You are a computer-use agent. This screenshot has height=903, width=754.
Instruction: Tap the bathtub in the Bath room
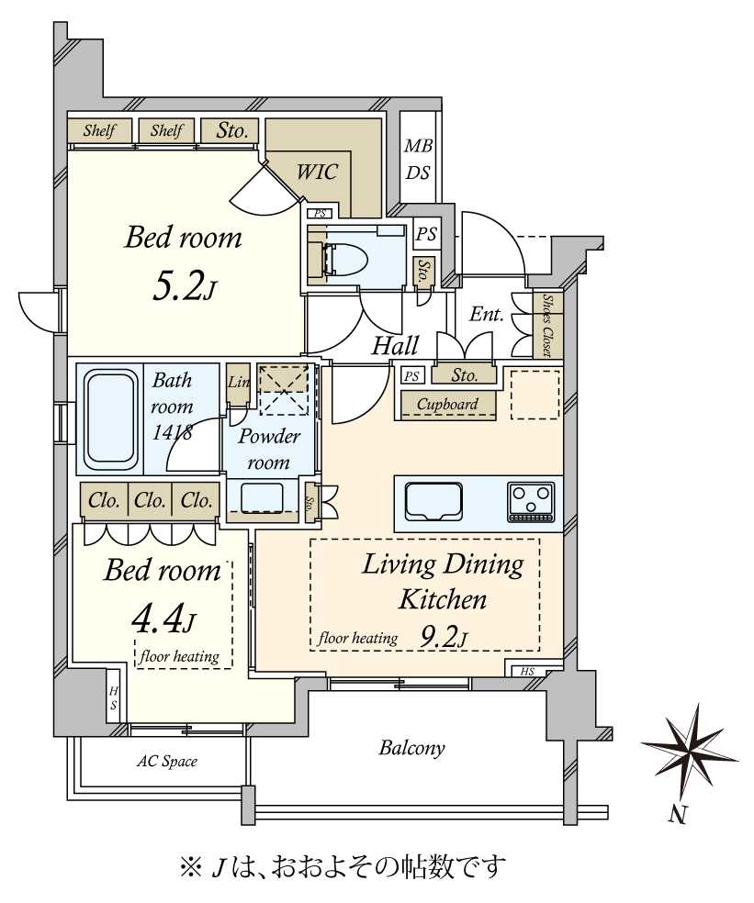coord(111,420)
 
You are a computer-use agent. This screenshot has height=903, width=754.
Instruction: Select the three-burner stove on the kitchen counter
coord(531,502)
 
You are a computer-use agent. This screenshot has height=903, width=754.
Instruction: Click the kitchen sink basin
coord(434,501)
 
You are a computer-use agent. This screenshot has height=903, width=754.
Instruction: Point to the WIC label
coord(317,172)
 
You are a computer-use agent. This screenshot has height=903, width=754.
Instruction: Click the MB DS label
coord(419,159)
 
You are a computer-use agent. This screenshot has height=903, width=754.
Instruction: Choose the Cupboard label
coord(447,405)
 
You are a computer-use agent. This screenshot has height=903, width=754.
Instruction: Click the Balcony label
coord(411,748)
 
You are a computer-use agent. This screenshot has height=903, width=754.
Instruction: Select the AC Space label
coord(166,762)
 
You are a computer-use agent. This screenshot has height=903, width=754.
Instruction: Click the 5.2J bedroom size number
coord(184,287)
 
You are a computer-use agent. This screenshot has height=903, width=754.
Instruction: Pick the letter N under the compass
coord(679,815)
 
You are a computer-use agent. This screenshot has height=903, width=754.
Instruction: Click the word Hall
coord(395,346)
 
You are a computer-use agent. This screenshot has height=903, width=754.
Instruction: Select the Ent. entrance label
coord(487,315)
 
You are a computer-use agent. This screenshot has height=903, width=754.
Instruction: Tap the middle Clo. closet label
coord(150,500)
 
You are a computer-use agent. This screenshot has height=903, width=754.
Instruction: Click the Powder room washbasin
coord(262,498)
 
